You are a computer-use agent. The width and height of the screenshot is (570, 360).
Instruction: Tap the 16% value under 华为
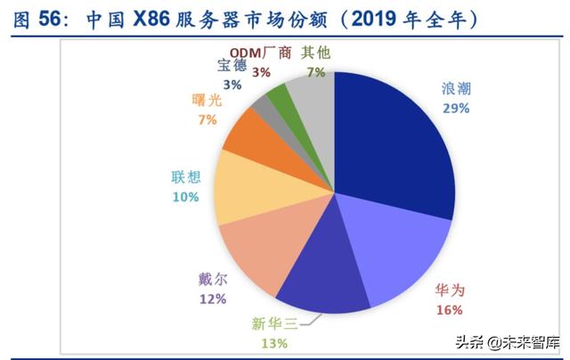tap(449, 310)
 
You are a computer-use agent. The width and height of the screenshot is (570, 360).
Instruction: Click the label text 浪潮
tap(457, 89)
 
